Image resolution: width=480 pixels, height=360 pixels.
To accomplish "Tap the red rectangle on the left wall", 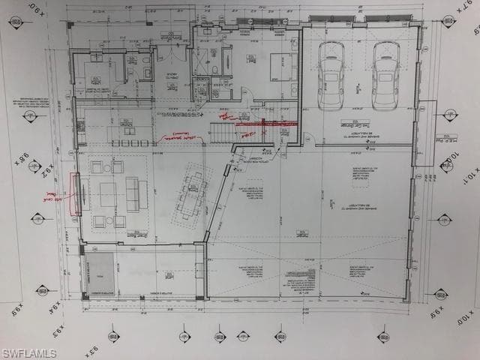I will (x=75, y=193).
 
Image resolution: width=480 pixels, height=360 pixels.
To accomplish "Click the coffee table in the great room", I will (x=107, y=194).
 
